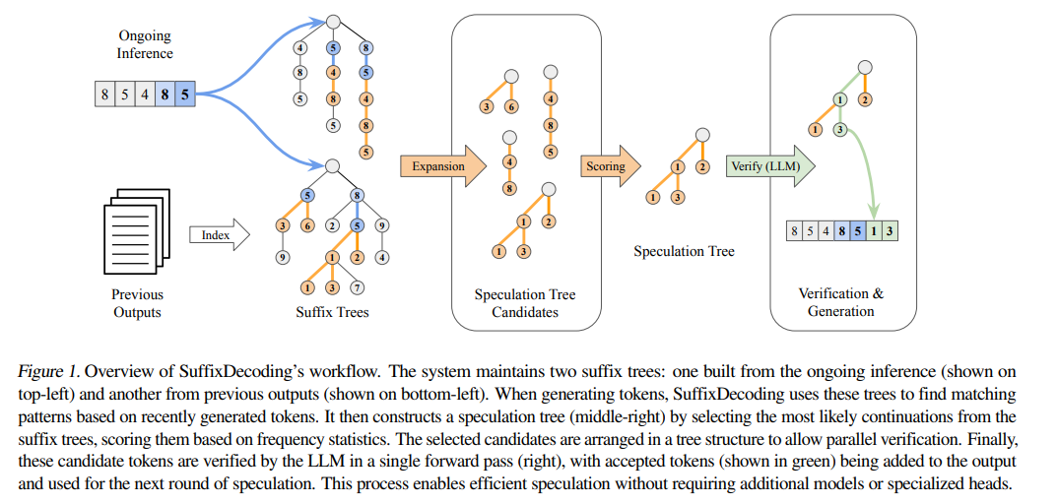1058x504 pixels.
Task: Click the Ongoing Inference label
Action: [x=145, y=45]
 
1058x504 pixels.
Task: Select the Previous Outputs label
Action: [x=137, y=303]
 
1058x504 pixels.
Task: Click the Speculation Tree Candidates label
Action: [x=525, y=303]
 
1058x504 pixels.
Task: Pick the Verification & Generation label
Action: [x=840, y=302]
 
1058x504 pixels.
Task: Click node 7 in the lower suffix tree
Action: [x=357, y=287]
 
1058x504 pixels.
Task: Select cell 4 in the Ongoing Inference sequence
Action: [x=144, y=95]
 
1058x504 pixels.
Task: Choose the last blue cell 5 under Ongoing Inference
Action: [x=184, y=95]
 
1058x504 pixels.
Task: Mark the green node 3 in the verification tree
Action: [x=840, y=129]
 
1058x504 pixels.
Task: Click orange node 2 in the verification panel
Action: [x=865, y=98]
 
